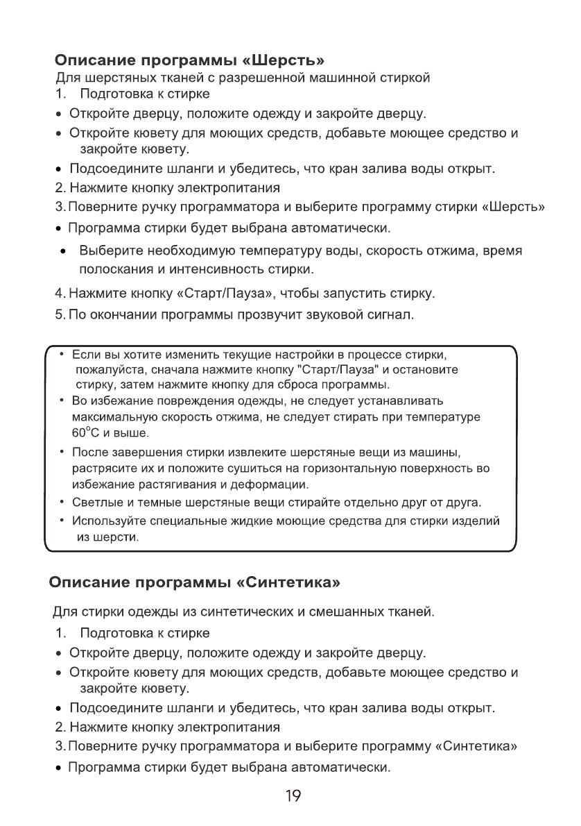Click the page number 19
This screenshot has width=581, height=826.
(293, 795)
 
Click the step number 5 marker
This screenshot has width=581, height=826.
(60, 316)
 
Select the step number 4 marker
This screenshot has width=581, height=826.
(60, 294)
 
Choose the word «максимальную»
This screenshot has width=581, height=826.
(110, 416)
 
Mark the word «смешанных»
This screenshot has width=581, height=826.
(342, 612)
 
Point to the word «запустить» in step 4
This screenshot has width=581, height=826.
(354, 294)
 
